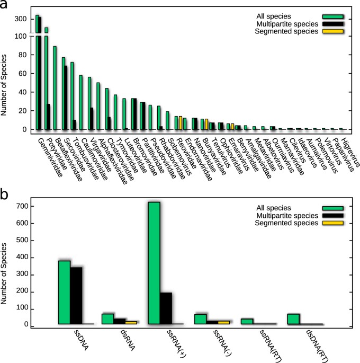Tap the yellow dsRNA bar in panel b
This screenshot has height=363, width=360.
pyautogui.click(x=131, y=322)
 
